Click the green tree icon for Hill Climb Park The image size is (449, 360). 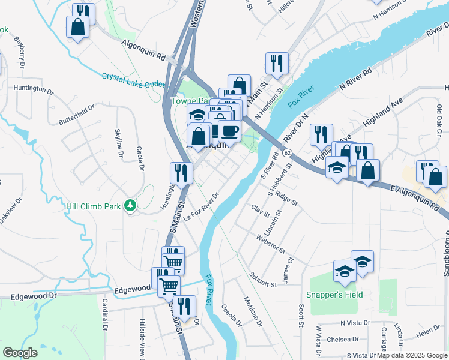click(130, 206)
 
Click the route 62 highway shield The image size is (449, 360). click(288, 154)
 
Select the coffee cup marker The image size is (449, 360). click(229, 130)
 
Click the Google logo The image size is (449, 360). click(20, 353)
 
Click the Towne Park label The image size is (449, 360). click(187, 101)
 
